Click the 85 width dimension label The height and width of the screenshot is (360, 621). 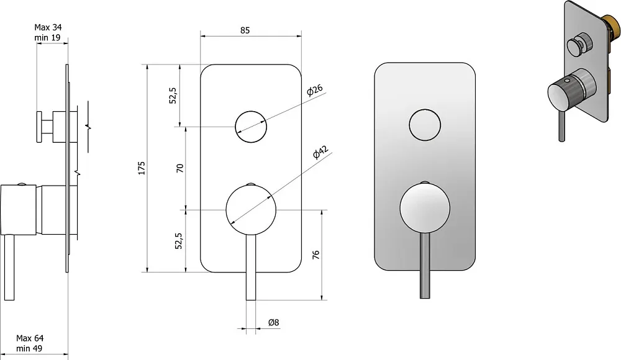point(245,30)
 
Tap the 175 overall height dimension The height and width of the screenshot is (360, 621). point(142,168)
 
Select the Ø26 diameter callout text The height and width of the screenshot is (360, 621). point(315,90)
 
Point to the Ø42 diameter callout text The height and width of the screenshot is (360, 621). point(321,152)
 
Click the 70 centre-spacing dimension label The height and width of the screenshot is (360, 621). point(180,168)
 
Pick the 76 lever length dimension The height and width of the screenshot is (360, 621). point(315,254)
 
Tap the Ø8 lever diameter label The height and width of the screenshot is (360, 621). point(274,322)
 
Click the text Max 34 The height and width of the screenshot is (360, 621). point(48,27)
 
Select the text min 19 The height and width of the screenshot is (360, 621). point(47,38)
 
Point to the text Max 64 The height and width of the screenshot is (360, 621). point(30,338)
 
